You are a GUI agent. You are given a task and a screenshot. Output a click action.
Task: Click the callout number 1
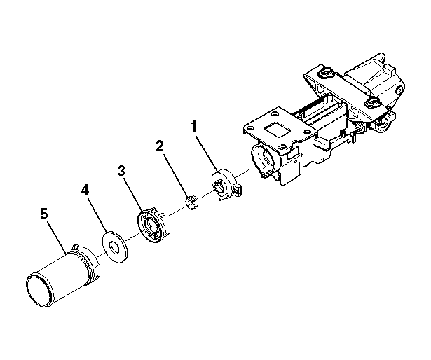click(194, 127)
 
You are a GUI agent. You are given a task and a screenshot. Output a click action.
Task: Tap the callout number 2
click(159, 146)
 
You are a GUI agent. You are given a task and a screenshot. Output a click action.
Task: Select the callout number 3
click(121, 171)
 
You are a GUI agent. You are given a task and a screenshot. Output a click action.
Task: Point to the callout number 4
click(85, 190)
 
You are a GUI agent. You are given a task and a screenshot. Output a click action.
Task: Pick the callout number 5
click(44, 213)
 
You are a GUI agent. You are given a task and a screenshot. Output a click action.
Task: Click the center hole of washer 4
click(114, 247)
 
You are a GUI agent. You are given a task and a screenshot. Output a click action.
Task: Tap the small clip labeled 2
click(191, 202)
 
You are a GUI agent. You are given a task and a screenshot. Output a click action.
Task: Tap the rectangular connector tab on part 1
click(238, 189)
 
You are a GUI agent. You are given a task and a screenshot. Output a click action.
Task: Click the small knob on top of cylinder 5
click(76, 245)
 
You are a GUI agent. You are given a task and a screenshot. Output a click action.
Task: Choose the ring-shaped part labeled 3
click(152, 226)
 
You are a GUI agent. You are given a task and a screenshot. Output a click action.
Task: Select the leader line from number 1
click(207, 152)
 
